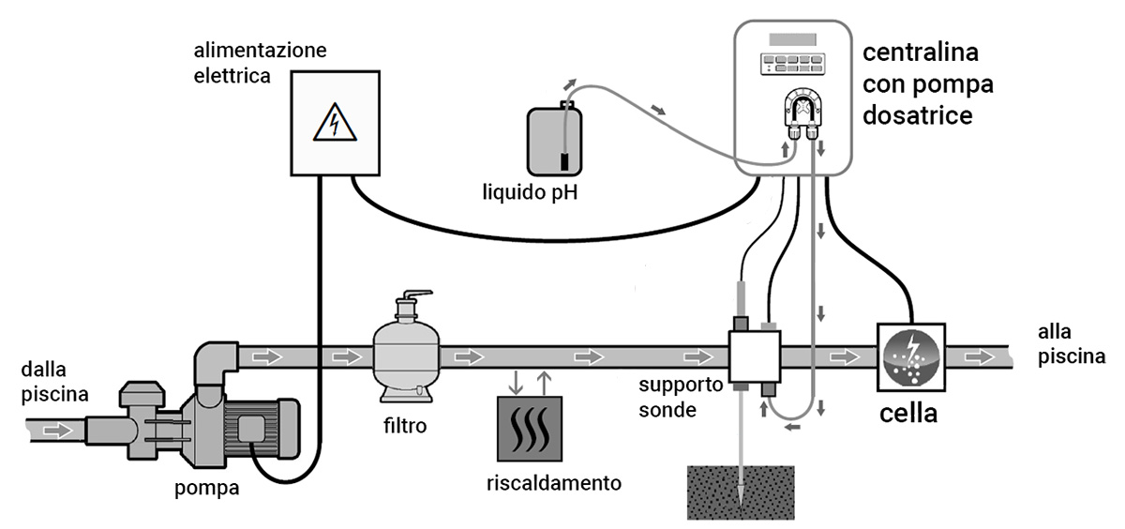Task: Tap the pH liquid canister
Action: point(553,141)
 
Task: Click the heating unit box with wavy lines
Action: point(530,430)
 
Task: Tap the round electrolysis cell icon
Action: point(909,357)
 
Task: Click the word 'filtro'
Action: point(404,427)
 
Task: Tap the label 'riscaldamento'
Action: point(554,484)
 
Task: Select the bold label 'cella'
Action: point(907,412)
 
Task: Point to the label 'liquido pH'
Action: point(529,194)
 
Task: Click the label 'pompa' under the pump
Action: point(205,488)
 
